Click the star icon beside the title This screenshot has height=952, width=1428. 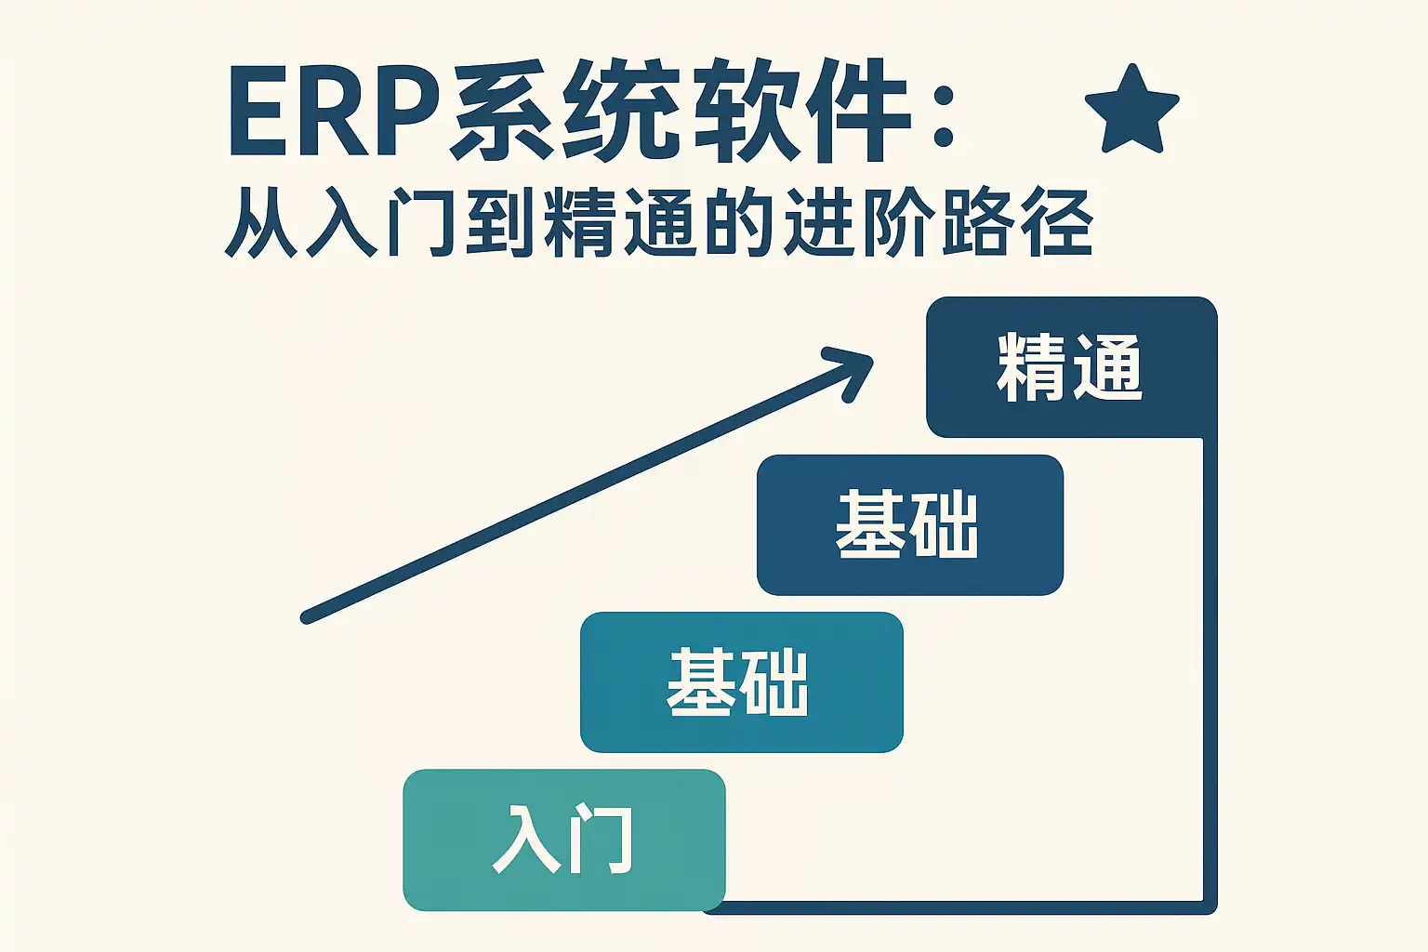point(1131,111)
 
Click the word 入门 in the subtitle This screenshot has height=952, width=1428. point(380,222)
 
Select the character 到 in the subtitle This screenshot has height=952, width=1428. point(499,222)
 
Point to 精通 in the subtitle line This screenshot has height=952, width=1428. point(618,222)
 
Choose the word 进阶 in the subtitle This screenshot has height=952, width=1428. point(856,222)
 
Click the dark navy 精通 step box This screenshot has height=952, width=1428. point(1072,367)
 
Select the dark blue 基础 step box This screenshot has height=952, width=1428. point(910,524)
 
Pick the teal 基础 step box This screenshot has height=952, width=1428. point(741,682)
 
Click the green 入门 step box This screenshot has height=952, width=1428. point(564,840)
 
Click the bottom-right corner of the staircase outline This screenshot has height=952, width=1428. point(1210,907)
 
